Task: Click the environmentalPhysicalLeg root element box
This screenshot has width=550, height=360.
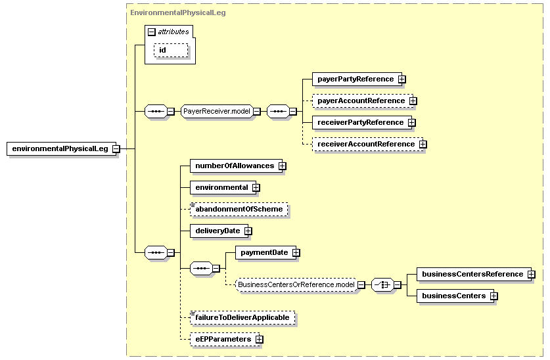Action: [x=61, y=148]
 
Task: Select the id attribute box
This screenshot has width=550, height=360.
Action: [x=171, y=50]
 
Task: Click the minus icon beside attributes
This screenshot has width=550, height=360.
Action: [x=152, y=32]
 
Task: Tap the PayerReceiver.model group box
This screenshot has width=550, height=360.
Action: [x=217, y=111]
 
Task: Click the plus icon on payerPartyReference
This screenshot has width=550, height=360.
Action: [x=402, y=79]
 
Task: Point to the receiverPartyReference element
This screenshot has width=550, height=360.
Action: [x=362, y=123]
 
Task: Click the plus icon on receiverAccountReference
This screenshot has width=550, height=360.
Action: [x=423, y=144]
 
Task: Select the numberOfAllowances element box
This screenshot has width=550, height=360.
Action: [x=236, y=166]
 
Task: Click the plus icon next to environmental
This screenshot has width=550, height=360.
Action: [x=256, y=187]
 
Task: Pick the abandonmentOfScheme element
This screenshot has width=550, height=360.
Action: [x=239, y=210]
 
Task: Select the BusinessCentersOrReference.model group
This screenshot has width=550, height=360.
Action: [x=296, y=284]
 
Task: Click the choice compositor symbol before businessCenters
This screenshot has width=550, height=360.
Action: [x=382, y=284]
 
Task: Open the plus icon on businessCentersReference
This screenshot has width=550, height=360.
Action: [x=532, y=274]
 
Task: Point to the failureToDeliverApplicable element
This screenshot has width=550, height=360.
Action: [x=242, y=317]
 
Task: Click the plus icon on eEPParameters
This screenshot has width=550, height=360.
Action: [x=259, y=340]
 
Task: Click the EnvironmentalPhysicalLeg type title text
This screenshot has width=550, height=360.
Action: [x=178, y=12]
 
